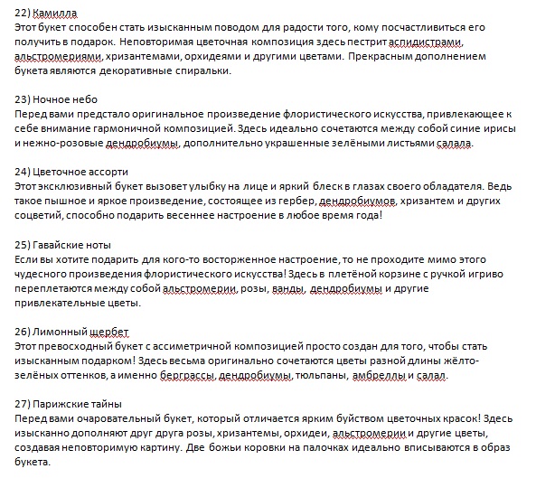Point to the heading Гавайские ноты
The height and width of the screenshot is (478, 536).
[71, 244]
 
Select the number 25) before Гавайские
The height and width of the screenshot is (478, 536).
[25, 244]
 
